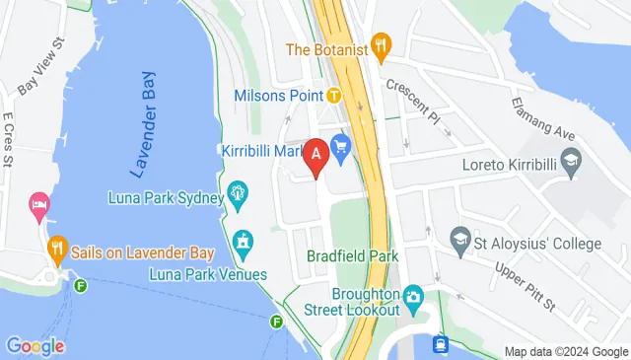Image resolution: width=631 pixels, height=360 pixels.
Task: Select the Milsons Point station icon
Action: (334, 96)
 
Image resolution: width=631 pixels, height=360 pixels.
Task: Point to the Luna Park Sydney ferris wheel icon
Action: (238, 196)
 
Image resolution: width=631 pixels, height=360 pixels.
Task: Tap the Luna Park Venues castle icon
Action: (243, 242)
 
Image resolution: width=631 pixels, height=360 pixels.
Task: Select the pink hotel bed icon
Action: (40, 204)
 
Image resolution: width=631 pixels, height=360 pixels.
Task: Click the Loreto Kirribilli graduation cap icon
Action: (570, 161)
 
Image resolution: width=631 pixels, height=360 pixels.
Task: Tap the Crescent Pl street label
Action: (413, 97)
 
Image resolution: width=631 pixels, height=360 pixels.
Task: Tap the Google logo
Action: (35, 346)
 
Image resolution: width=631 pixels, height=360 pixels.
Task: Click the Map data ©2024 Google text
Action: (566, 351)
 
